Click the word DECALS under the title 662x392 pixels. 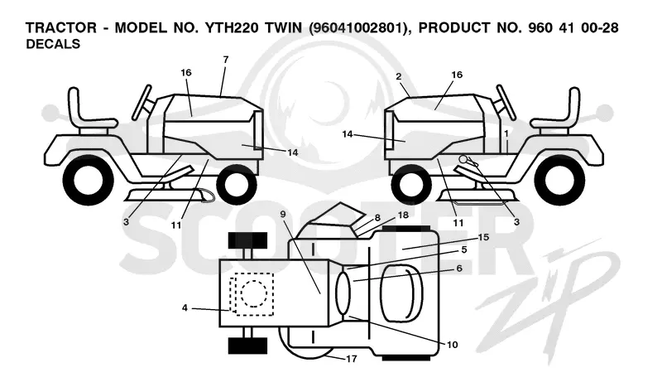pos(53,44)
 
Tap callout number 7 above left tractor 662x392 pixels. pos(225,60)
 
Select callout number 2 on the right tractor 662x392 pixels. pos(399,76)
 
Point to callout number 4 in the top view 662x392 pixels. pos(185,307)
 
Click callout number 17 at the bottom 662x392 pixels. pos(351,359)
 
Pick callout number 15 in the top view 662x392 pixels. pos(483,237)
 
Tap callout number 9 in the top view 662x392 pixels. pos(283,215)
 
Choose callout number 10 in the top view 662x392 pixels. pos(452,345)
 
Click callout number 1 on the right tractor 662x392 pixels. pos(506,133)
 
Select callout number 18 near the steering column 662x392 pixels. pos(403,215)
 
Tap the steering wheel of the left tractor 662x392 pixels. pos(142,102)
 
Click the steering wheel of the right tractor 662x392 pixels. pos(506,102)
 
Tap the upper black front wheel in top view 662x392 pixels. pos(247,240)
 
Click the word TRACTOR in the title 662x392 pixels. pos(61,27)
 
